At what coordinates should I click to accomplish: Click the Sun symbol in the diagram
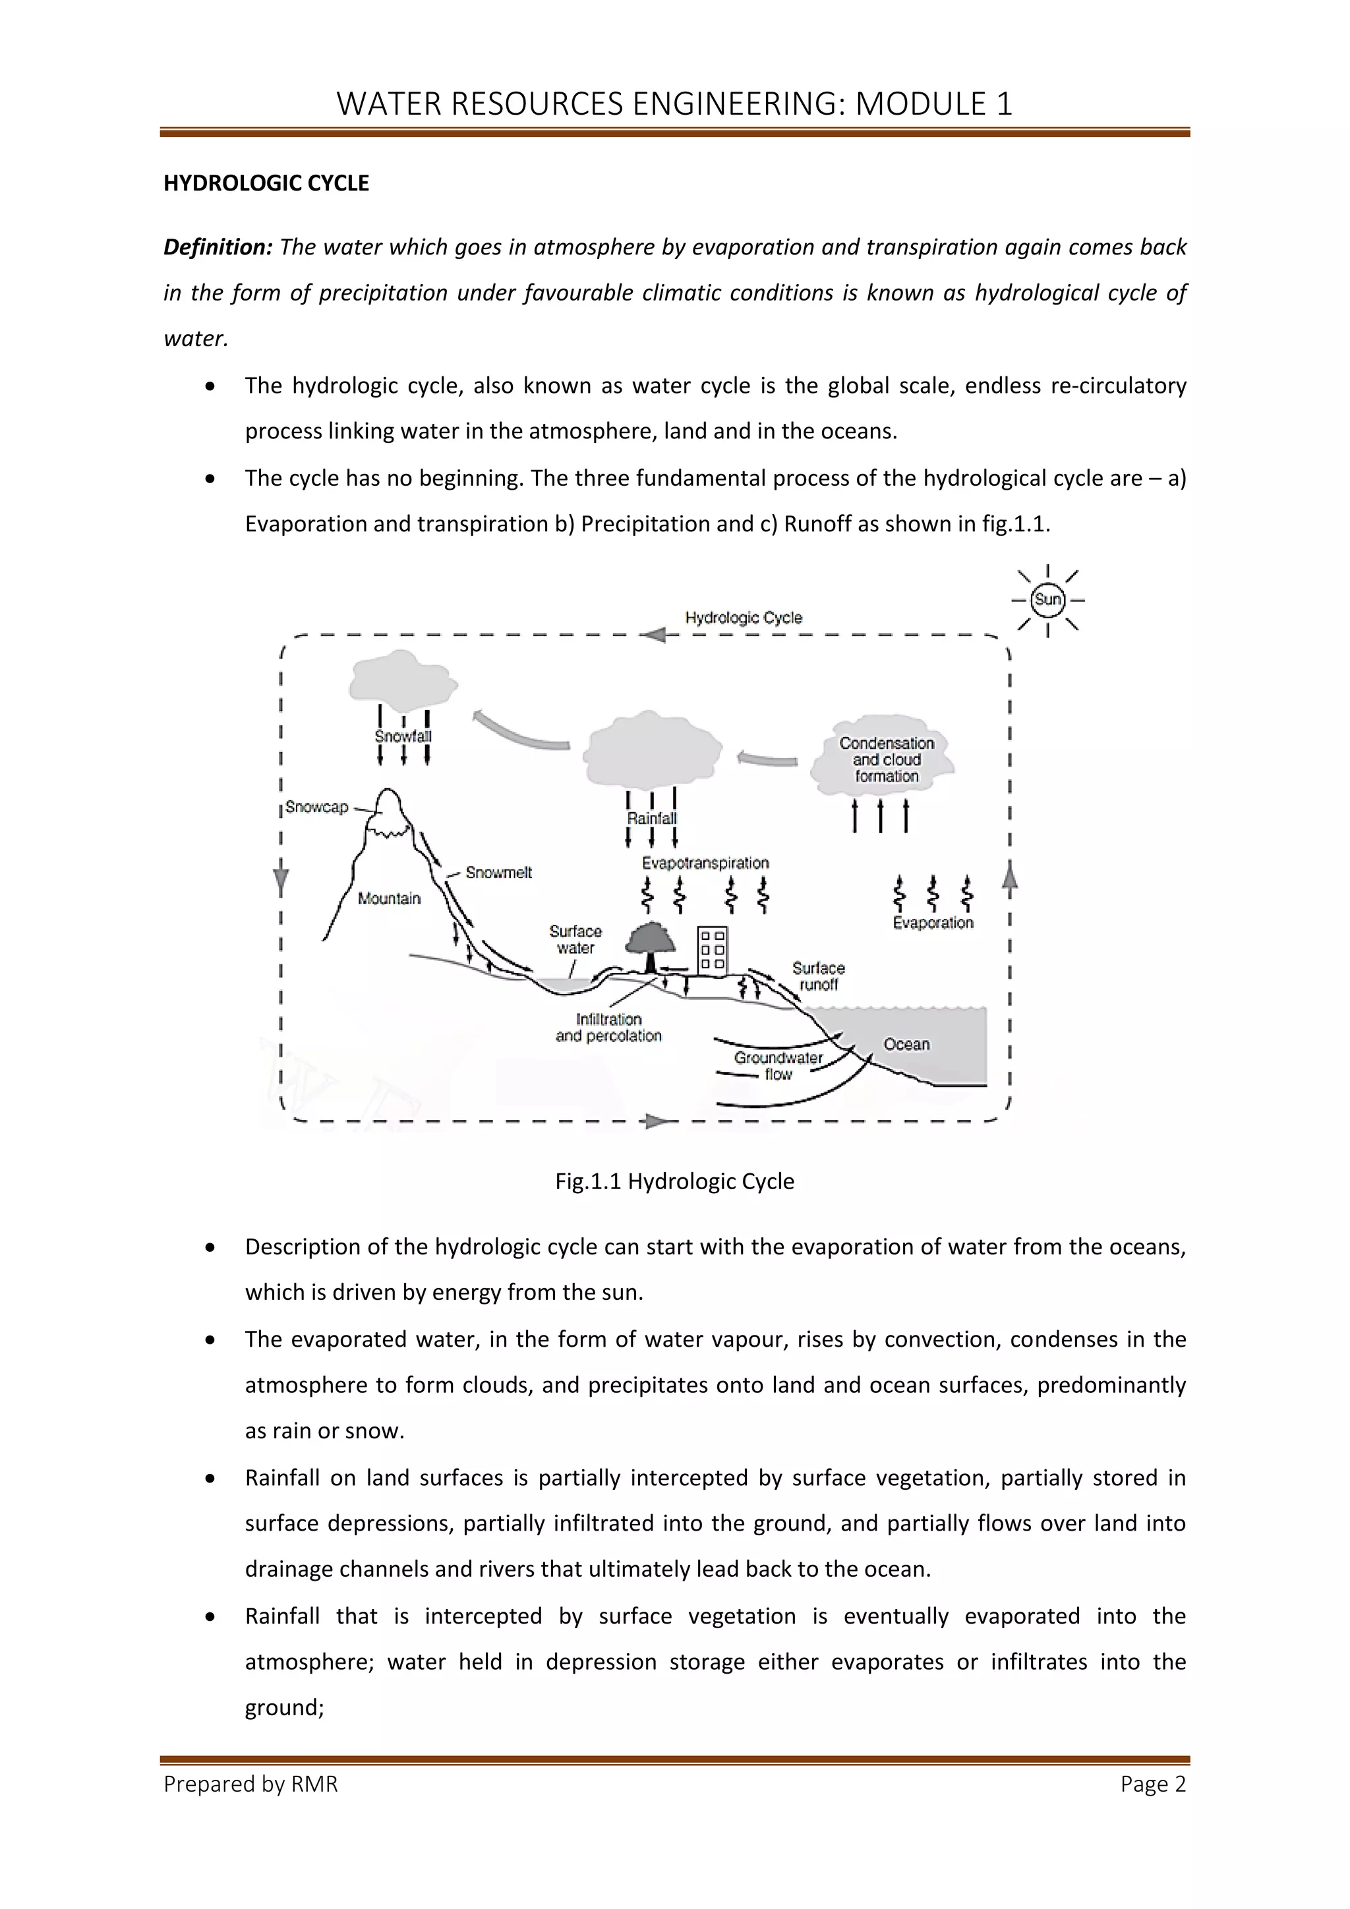pos(1047,599)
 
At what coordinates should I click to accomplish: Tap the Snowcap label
pos(316,806)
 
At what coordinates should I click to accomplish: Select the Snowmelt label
pos(498,872)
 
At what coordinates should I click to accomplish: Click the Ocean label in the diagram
pos(906,1044)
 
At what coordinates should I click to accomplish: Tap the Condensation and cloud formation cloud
pos(886,759)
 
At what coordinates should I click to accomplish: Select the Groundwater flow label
pos(778,1065)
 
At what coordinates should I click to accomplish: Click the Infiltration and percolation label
pos(608,1028)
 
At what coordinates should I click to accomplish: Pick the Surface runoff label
pos(818,976)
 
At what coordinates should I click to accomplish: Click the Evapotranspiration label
pos(705,863)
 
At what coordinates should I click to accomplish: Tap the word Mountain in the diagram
pos(389,898)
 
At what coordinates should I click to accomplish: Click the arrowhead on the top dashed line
pos(653,635)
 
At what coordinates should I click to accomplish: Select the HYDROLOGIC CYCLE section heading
pos(266,183)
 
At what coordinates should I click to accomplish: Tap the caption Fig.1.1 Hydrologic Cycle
pos(674,1181)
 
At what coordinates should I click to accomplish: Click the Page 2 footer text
pos(1152,1784)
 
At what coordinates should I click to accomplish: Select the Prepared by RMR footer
pos(251,1784)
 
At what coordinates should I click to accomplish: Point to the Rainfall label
pos(652,818)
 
